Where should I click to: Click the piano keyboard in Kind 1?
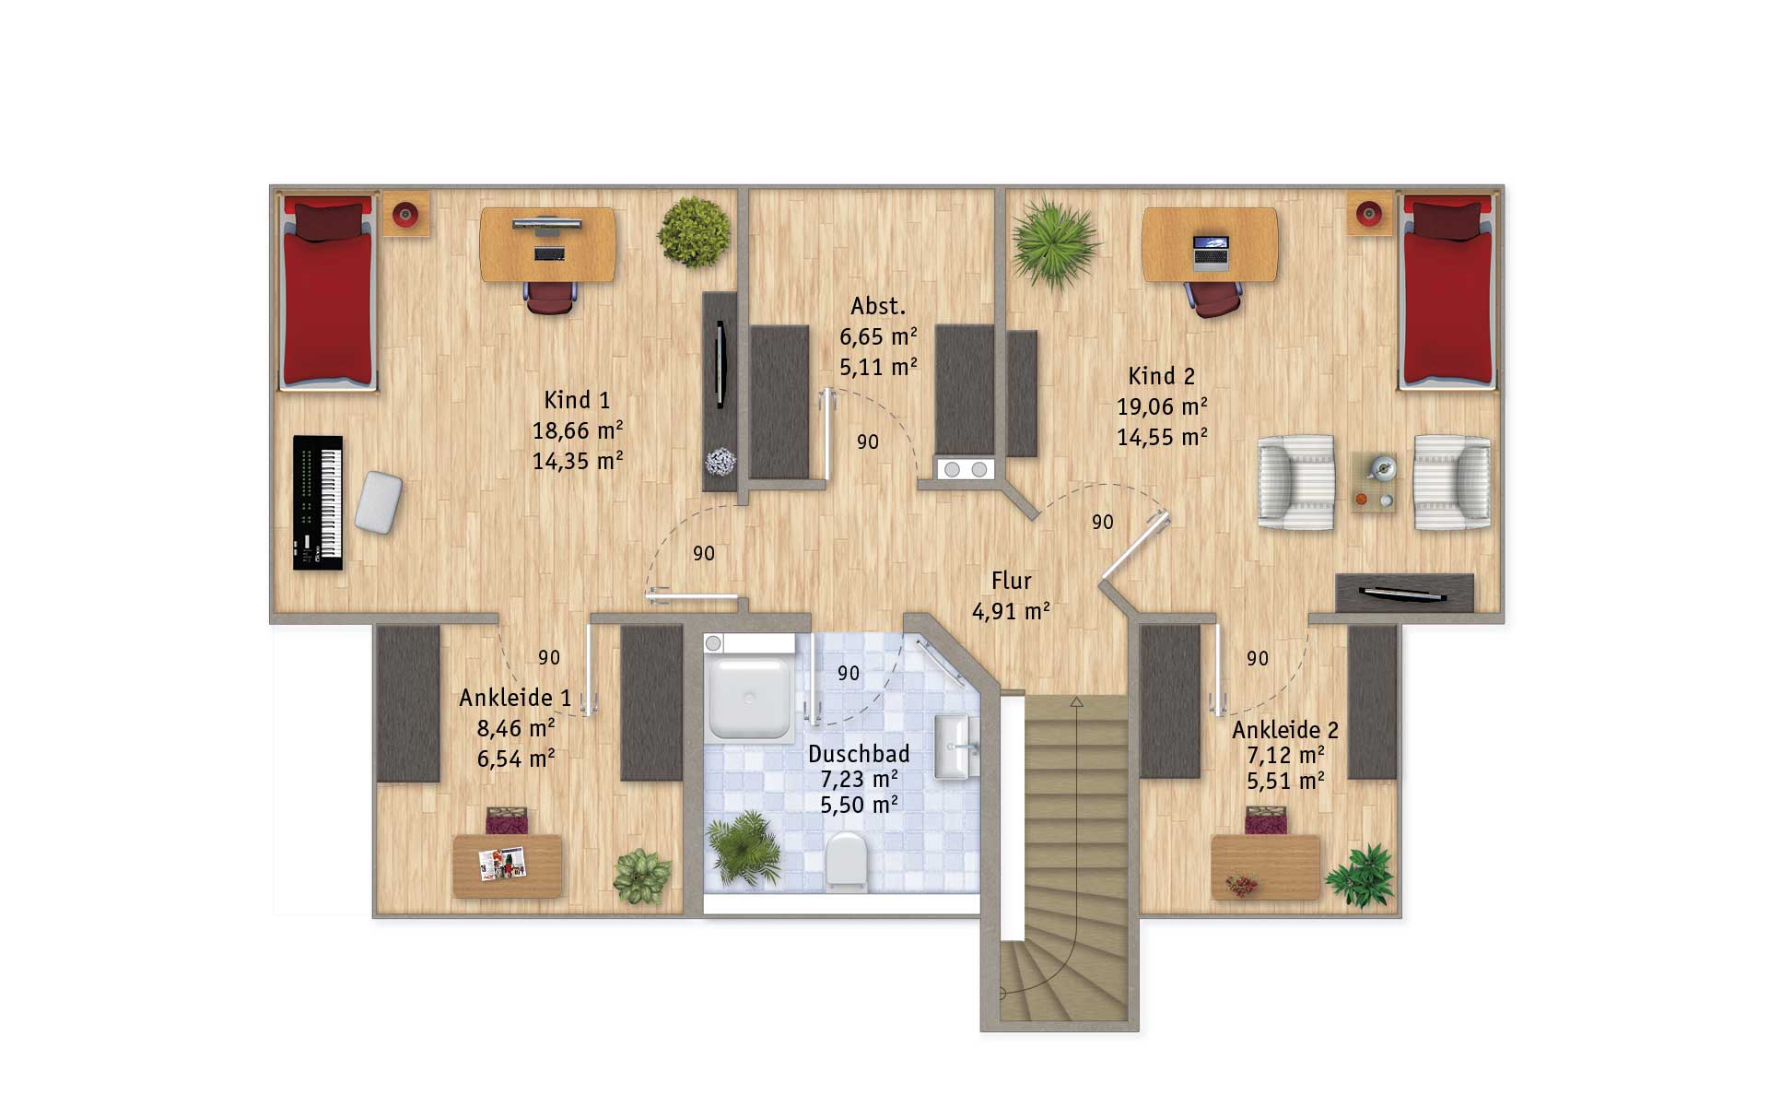click(318, 502)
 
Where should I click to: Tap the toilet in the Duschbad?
click(846, 861)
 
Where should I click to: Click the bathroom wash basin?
click(955, 747)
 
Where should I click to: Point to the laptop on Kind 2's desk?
click(1211, 252)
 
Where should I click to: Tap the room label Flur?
click(1011, 581)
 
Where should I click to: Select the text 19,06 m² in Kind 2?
click(1162, 406)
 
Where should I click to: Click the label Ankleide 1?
click(515, 698)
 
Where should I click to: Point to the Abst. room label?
click(878, 306)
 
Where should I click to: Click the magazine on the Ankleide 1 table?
click(502, 864)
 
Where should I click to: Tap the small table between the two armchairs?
click(1373, 482)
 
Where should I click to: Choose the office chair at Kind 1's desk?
click(550, 297)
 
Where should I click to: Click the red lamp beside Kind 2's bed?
click(1368, 215)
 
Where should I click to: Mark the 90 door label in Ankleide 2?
click(1258, 659)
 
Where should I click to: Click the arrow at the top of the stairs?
click(1076, 702)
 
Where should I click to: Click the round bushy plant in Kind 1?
click(694, 232)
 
